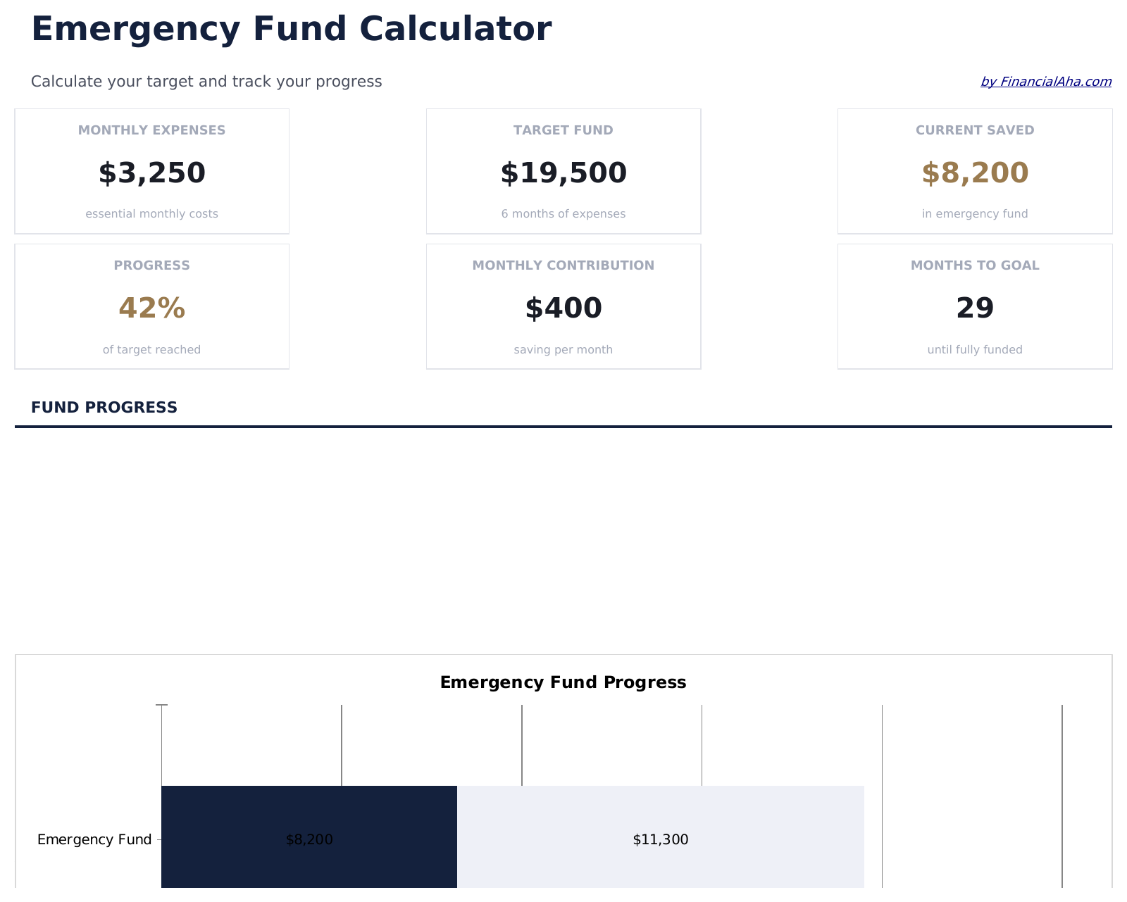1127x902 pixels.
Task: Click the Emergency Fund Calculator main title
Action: [x=291, y=30]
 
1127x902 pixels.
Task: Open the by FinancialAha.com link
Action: [x=1045, y=82]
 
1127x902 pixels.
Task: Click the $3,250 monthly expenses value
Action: [x=151, y=173]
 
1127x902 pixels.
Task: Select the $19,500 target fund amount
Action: [x=563, y=173]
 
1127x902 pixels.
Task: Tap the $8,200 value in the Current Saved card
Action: [x=974, y=173]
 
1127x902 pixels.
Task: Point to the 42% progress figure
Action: [x=151, y=308]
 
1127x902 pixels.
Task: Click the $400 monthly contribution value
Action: [x=563, y=308]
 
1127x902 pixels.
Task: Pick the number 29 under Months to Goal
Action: [x=974, y=308]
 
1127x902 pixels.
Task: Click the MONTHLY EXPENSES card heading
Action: [x=151, y=130]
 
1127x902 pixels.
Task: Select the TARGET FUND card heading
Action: [x=563, y=130]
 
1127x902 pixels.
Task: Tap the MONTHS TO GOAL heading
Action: [x=974, y=265]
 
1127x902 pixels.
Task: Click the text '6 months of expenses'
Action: [x=563, y=214]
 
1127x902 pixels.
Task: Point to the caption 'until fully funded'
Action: [x=974, y=350]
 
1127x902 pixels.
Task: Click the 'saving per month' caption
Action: [x=563, y=350]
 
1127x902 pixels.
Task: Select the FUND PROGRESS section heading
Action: [x=104, y=408]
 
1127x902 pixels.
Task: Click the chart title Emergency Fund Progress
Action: [x=563, y=682]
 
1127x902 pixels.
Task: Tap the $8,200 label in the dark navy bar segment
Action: [x=309, y=839]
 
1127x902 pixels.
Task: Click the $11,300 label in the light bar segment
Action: [x=660, y=839]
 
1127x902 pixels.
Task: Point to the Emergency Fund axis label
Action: [x=94, y=839]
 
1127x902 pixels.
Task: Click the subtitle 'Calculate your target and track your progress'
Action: [x=206, y=82]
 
